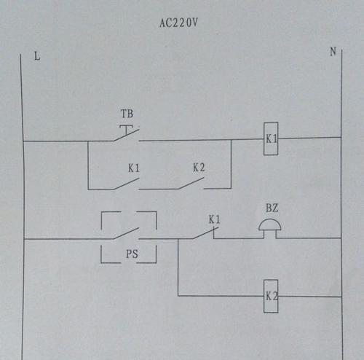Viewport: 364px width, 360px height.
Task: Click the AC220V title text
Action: (178, 23)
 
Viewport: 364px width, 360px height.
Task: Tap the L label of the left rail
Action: (37, 56)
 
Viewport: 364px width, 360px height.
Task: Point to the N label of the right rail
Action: (333, 52)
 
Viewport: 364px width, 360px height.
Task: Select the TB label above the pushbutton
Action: (127, 114)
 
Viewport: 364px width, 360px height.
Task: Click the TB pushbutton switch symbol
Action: (126, 133)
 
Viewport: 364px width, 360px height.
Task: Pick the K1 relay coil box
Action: (271, 138)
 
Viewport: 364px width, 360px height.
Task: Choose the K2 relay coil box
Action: (271, 296)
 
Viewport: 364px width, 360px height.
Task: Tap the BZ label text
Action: (272, 208)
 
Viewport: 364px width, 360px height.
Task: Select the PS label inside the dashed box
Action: (132, 254)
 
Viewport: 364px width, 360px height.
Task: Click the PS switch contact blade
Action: (126, 233)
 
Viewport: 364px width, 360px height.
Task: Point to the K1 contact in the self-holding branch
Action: (126, 184)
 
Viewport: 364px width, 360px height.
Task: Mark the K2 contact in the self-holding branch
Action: (191, 184)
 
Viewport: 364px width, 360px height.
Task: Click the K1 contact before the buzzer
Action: (206, 232)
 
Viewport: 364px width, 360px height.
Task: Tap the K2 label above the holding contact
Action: (199, 168)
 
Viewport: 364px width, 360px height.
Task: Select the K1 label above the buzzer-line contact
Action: (215, 219)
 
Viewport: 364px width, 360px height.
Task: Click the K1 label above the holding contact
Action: (134, 168)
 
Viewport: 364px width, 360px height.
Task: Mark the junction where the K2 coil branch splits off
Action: (178, 239)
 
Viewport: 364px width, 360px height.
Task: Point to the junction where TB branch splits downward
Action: (88, 141)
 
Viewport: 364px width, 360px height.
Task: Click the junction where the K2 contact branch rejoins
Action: (231, 140)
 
